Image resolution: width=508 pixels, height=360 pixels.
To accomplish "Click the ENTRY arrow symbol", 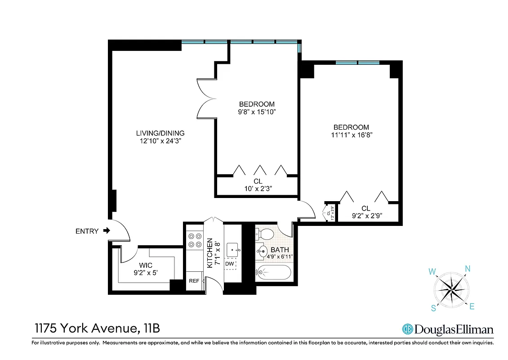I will tap(107, 231).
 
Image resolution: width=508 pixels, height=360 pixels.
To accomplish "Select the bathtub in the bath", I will tap(274, 272).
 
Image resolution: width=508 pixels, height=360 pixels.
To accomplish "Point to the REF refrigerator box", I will tap(194, 281).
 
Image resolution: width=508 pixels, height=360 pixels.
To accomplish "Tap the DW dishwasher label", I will tap(229, 264).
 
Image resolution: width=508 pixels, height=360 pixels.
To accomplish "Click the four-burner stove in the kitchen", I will tap(195, 240).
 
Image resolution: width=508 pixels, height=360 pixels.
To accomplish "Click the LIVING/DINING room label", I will tap(160, 133).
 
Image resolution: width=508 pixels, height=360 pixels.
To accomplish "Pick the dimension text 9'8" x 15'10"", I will tap(257, 112).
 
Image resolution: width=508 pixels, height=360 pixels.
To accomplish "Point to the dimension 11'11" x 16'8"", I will tap(351, 135).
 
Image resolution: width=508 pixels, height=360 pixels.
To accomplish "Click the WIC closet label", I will tap(145, 265).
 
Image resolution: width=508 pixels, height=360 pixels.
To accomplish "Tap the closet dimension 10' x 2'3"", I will tap(258, 189).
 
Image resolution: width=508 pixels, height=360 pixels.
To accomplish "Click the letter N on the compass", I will tap(468, 269).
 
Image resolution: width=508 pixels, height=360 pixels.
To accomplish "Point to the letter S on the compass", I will tap(434, 308).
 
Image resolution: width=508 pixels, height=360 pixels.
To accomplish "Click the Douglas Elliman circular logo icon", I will tap(407, 329).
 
